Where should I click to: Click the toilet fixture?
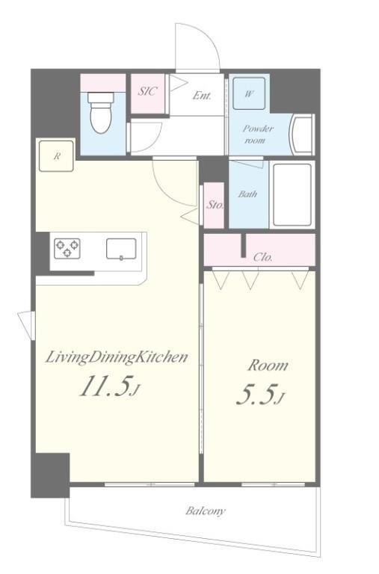pyautogui.click(x=101, y=112)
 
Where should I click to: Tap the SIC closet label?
pyautogui.click(x=147, y=90)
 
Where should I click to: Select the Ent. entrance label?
pyautogui.click(x=202, y=96)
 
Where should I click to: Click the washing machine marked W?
pyautogui.click(x=249, y=93)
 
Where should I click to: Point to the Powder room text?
pyautogui.click(x=258, y=135)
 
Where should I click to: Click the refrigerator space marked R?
pyautogui.click(x=56, y=155)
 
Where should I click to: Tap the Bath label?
pyautogui.click(x=247, y=194)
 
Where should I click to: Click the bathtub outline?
pyautogui.click(x=292, y=194)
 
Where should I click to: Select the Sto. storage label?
pyautogui.click(x=215, y=205)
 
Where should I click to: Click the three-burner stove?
pyautogui.click(x=67, y=249)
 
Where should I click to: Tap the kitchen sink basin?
pyautogui.click(x=121, y=249)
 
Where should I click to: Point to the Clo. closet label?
pyautogui.click(x=263, y=257)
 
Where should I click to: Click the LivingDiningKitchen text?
pyautogui.click(x=117, y=357)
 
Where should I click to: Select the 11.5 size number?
pyautogui.click(x=105, y=386)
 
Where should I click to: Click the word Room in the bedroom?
pyautogui.click(x=268, y=365)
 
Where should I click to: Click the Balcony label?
pyautogui.click(x=206, y=511)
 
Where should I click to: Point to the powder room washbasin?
pyautogui.click(x=303, y=134)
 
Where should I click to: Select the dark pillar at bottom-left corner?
pyautogui.click(x=50, y=475)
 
